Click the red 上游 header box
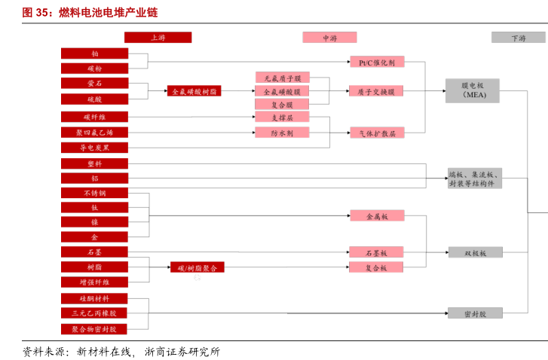point(158,37)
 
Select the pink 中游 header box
point(329,37)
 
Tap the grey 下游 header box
point(519,37)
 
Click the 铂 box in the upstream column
point(95,53)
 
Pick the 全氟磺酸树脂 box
point(194,91)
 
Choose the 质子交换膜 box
point(377,91)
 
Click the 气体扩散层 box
point(377,133)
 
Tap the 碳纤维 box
point(95,117)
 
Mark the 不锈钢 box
point(95,193)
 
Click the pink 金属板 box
point(377,216)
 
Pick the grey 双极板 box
point(475,252)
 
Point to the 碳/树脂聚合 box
point(197,267)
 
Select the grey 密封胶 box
point(475,313)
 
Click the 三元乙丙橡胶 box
point(95,313)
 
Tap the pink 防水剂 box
point(283,133)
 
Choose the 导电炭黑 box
point(95,148)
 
